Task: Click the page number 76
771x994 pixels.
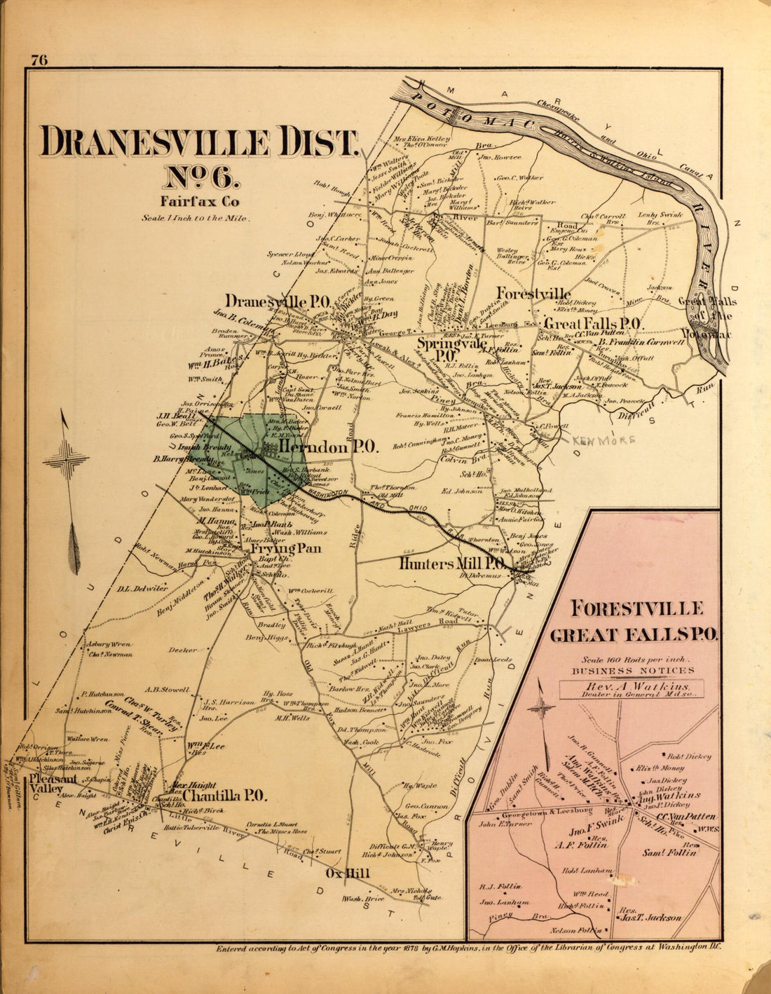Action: pyautogui.click(x=39, y=60)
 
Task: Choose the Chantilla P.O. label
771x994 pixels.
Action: pyautogui.click(x=223, y=795)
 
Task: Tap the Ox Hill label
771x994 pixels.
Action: pyautogui.click(x=348, y=873)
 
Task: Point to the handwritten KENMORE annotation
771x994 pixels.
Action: pyautogui.click(x=603, y=440)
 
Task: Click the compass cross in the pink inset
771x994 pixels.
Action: pyautogui.click(x=543, y=709)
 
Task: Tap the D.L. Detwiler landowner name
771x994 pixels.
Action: pyautogui.click(x=142, y=588)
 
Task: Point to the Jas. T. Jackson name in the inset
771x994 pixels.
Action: pyautogui.click(x=650, y=917)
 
